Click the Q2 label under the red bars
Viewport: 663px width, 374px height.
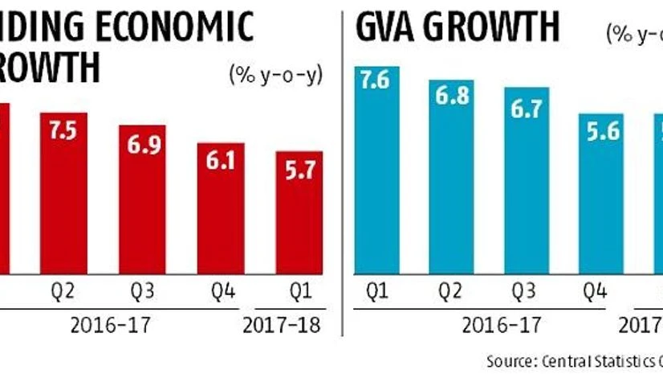64,290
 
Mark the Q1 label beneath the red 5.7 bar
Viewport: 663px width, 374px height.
299,290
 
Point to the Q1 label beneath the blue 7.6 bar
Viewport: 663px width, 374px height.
377,290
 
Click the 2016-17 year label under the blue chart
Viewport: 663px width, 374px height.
493,326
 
